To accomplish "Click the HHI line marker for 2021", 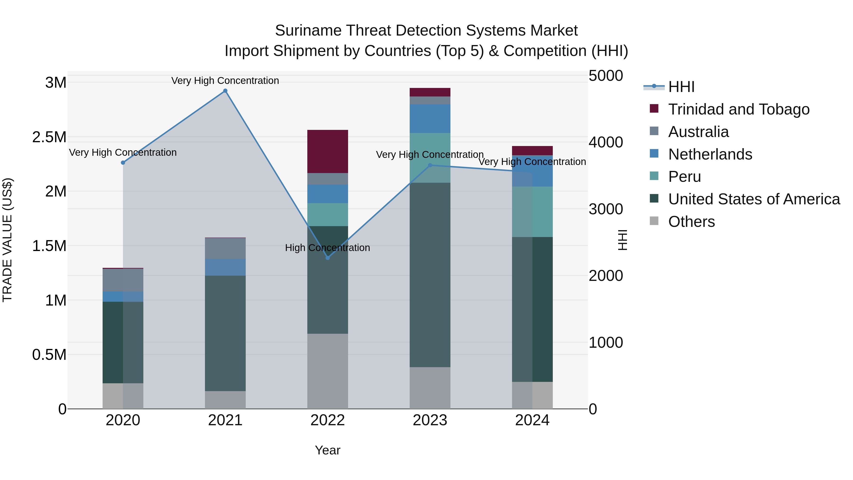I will (225, 91).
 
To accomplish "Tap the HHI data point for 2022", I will (327, 258).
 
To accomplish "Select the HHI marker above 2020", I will (123, 163).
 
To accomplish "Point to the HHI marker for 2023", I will (430, 165).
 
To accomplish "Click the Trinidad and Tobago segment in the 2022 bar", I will (327, 151).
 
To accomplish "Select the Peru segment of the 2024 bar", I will (532, 212).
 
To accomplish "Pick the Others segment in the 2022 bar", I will (327, 371).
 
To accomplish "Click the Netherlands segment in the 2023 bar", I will (430, 119).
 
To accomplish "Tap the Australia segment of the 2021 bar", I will (225, 248).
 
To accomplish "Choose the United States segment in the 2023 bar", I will (430, 275).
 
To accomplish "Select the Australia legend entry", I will (698, 132).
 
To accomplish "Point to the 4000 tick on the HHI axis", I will (606, 142).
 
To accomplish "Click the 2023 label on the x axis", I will (430, 420).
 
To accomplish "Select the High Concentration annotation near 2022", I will (327, 248).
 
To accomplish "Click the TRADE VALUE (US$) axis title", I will (7, 240).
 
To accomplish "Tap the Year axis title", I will (327, 450).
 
